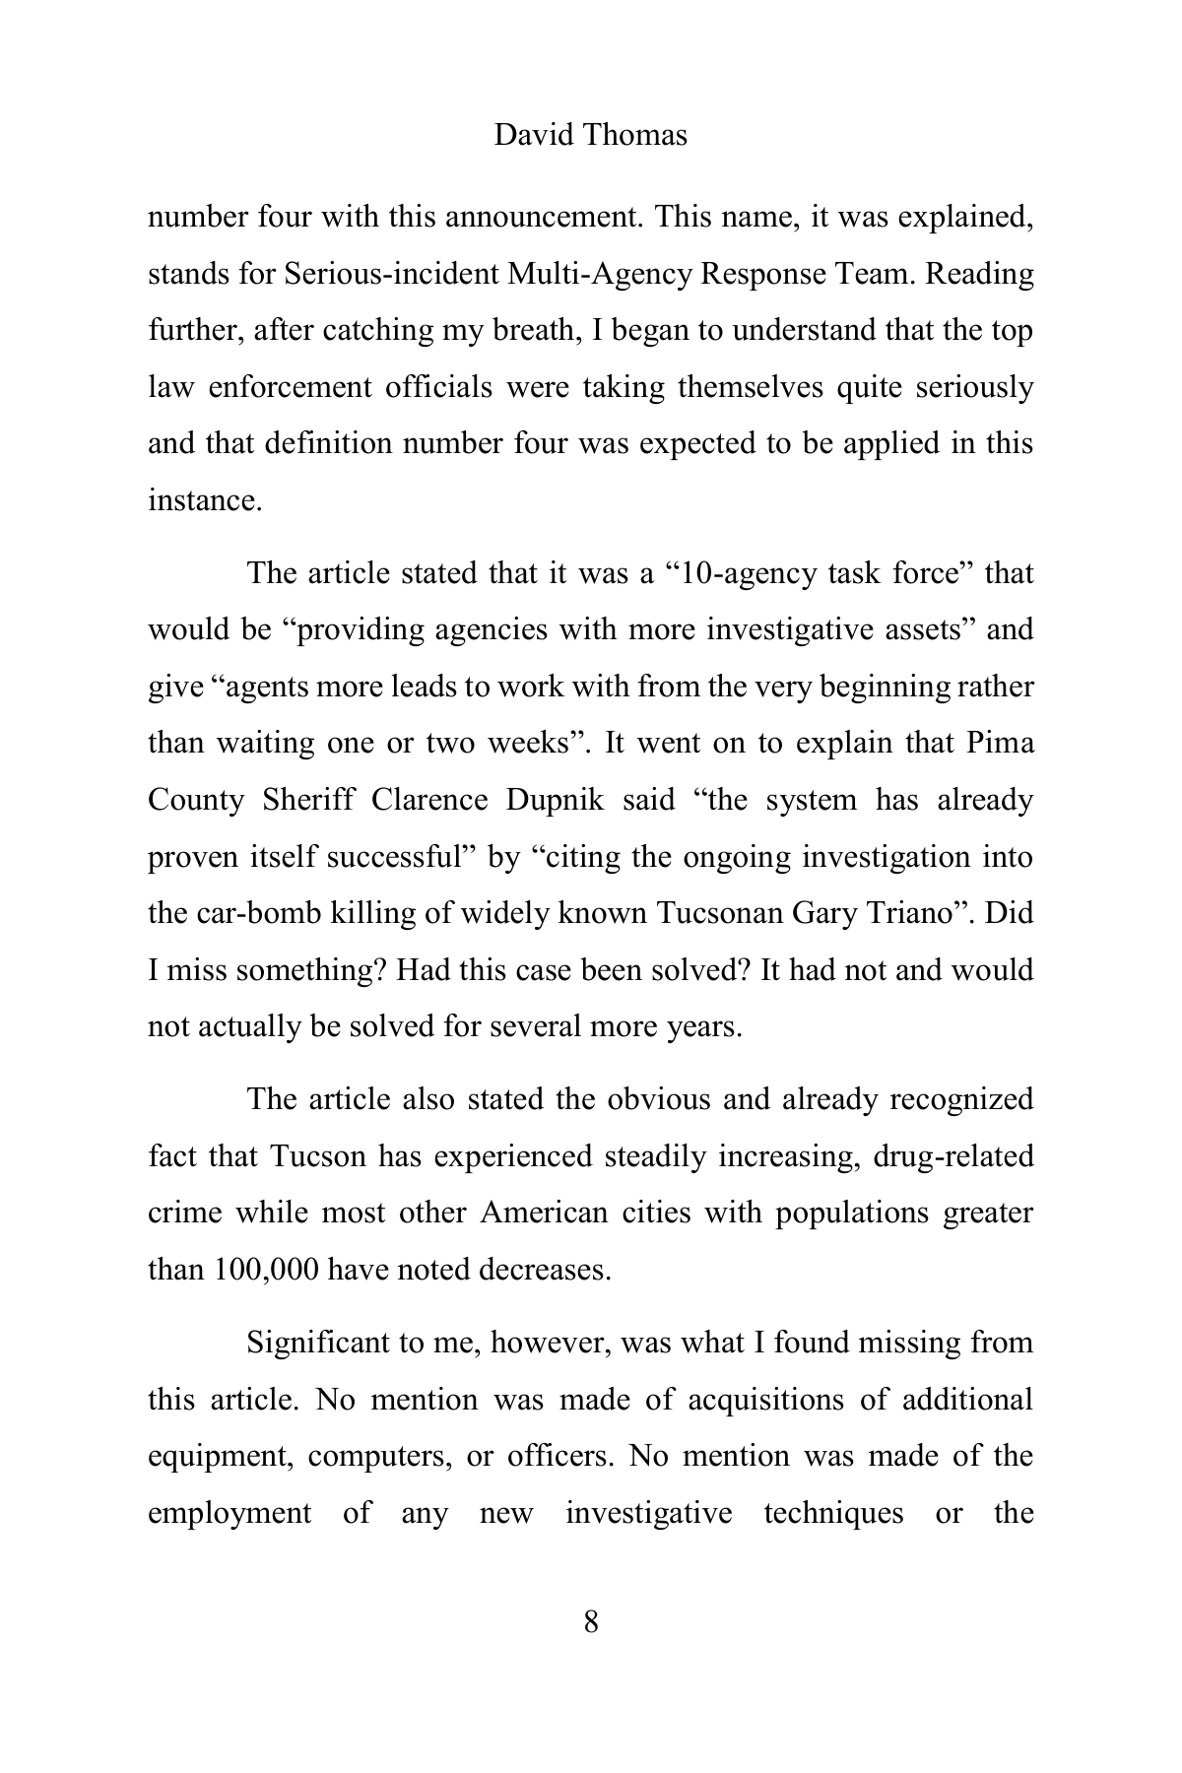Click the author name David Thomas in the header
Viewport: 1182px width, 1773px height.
pos(590,135)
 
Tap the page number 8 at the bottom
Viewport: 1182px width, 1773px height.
pos(591,1621)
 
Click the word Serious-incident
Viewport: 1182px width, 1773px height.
pos(391,274)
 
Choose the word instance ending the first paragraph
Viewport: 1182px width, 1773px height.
pos(203,501)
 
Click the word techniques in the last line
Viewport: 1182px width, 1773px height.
pos(833,1513)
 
